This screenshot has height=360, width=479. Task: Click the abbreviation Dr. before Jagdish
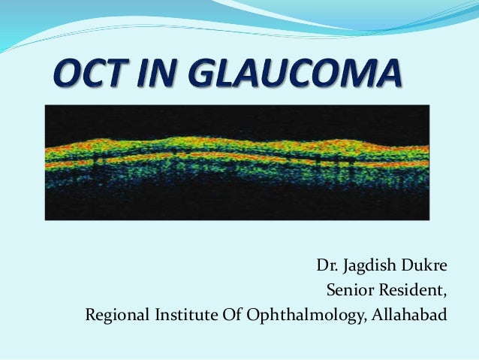pyautogui.click(x=325, y=266)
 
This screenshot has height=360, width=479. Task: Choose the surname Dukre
pyautogui.click(x=423, y=266)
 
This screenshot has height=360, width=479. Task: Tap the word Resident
pyautogui.click(x=409, y=289)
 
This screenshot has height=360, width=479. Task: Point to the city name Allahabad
pyautogui.click(x=408, y=313)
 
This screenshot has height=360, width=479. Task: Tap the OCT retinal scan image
pyautogui.click(x=236, y=162)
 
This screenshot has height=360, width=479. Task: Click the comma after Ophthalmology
pyautogui.click(x=365, y=317)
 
